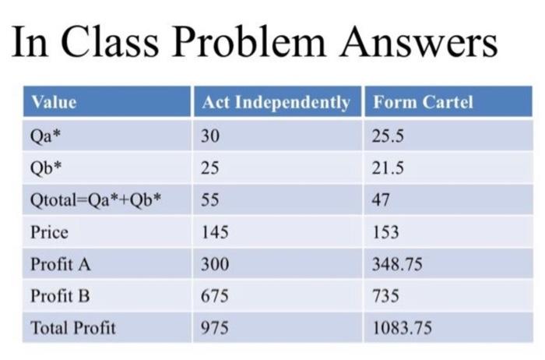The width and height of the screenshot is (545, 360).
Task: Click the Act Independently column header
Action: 276,102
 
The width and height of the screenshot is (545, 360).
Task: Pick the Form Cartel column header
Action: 423,102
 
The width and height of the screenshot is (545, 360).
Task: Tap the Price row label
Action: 49,231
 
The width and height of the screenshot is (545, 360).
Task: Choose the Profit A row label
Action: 61,264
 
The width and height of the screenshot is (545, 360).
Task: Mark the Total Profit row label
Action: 72,328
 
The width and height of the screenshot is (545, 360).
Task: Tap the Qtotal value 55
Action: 210,199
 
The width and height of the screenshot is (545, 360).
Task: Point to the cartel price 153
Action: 385,231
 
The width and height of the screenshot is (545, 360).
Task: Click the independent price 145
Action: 214,231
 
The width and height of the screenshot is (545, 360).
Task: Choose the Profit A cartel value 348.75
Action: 397,264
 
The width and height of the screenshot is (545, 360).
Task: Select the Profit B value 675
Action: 214,296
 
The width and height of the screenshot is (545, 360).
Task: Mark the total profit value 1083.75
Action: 402,328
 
